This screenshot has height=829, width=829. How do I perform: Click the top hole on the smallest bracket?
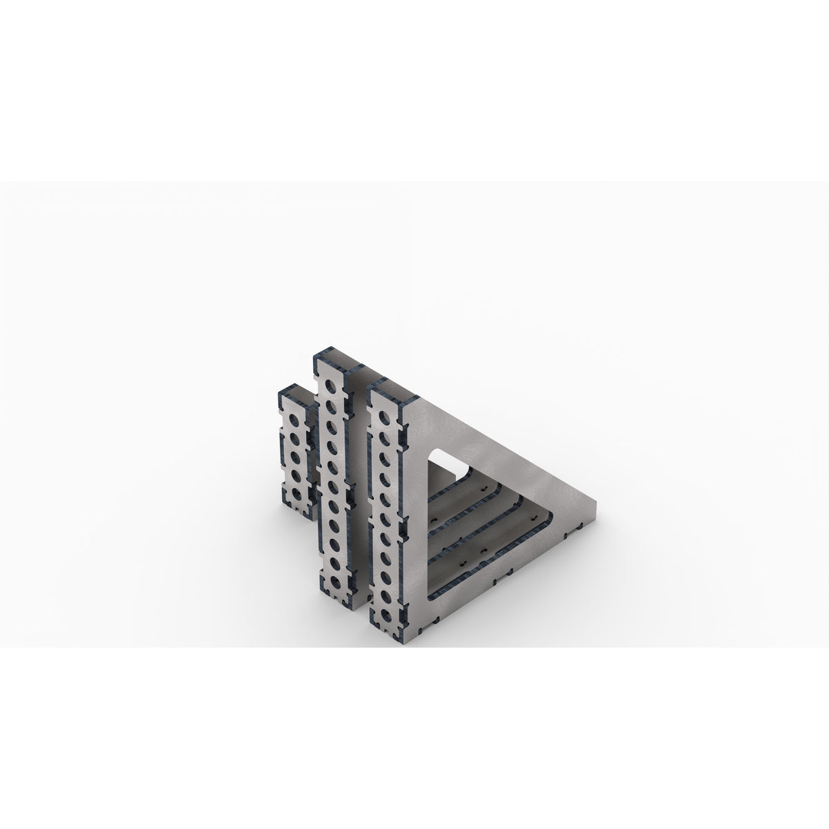pos(295,420)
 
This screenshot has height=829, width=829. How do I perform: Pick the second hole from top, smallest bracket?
pos(295,438)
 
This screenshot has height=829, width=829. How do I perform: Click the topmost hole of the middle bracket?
pos(334,385)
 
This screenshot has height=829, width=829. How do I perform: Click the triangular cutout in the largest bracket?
pos(484,525)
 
